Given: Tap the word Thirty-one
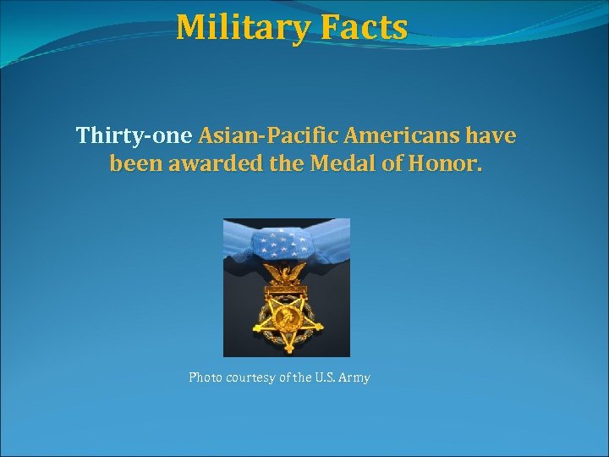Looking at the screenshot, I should (134, 135).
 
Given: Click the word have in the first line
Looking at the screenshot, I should (491, 135).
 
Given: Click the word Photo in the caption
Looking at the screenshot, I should (204, 377).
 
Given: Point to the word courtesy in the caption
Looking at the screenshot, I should (250, 377).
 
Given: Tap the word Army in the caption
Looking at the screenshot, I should (354, 377).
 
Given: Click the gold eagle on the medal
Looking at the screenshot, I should (287, 273).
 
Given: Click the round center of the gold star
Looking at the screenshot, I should (286, 318).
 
